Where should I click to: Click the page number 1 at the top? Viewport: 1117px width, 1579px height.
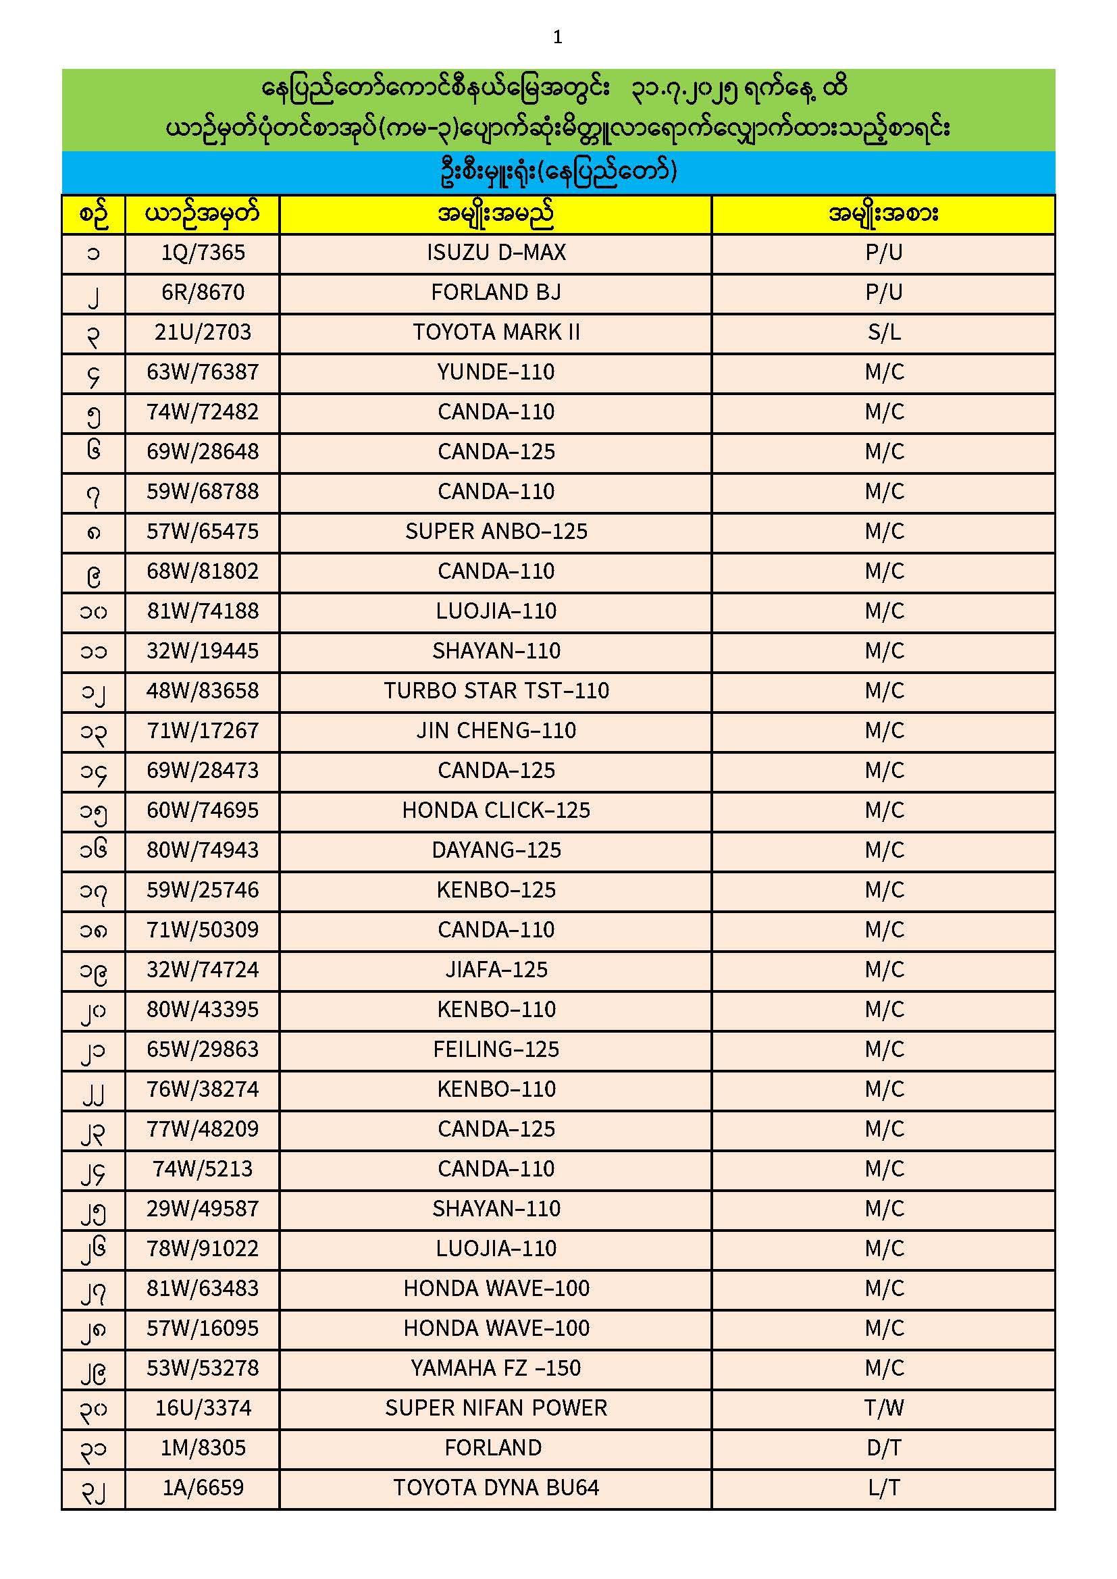[558, 37]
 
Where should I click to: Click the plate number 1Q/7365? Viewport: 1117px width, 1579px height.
[203, 253]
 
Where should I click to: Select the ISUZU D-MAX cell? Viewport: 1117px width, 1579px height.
[496, 253]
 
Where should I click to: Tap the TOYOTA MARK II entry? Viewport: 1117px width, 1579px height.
[496, 333]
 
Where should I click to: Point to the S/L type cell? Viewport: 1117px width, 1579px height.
[884, 333]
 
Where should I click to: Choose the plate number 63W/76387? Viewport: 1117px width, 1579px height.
[203, 373]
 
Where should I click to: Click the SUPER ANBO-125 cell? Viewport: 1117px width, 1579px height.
[496, 532]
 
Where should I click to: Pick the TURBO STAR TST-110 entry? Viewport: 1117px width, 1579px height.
[496, 691]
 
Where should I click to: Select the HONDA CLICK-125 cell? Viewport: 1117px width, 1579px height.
[496, 811]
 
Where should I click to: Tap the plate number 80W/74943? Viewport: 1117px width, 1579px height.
[203, 851]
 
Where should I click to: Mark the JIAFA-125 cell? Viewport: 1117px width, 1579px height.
[496, 970]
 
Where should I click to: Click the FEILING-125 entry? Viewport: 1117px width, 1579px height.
[496, 1050]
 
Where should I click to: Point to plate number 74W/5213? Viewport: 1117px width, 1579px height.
[203, 1169]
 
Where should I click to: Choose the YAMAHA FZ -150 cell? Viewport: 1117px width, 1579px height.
[496, 1368]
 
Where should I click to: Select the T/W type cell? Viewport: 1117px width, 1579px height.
[884, 1408]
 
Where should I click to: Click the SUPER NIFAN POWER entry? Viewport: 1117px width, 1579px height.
[496, 1408]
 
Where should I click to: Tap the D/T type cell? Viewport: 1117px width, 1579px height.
[884, 1449]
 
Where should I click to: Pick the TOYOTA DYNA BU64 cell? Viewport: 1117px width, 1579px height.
[496, 1489]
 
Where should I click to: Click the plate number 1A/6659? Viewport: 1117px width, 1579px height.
[203, 1489]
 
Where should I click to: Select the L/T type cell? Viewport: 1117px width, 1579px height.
[884, 1489]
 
